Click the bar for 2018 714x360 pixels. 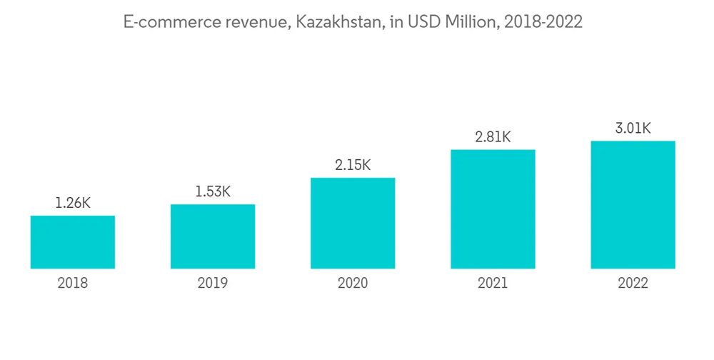73,242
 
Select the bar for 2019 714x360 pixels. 213,236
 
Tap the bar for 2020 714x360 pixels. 353,223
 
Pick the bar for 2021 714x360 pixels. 493,209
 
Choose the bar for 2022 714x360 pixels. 633,205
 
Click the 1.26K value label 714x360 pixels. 73,203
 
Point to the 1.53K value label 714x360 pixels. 213,191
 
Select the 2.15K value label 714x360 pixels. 353,165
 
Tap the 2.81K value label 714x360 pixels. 493,137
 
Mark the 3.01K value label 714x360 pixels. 633,129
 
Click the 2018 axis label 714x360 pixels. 73,284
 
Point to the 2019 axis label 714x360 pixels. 213,284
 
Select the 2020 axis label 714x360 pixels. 353,284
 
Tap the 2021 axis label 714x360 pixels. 493,284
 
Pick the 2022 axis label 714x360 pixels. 633,284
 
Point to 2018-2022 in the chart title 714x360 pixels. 543,23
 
